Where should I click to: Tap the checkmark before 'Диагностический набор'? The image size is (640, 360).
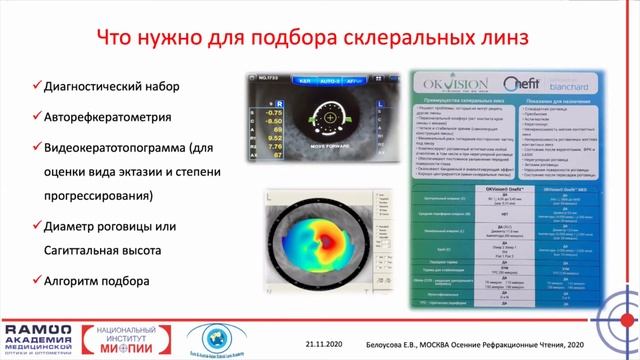click(37, 86)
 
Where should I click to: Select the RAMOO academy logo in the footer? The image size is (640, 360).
click(40, 337)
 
